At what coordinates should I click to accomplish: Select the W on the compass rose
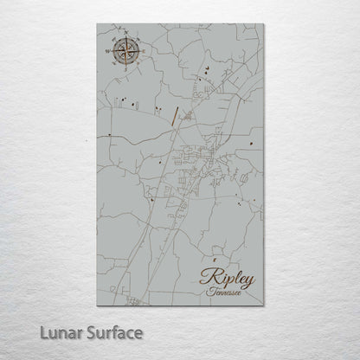(106, 52)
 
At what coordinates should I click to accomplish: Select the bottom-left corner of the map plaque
(97, 307)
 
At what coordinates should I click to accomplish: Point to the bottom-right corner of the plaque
(263, 307)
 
